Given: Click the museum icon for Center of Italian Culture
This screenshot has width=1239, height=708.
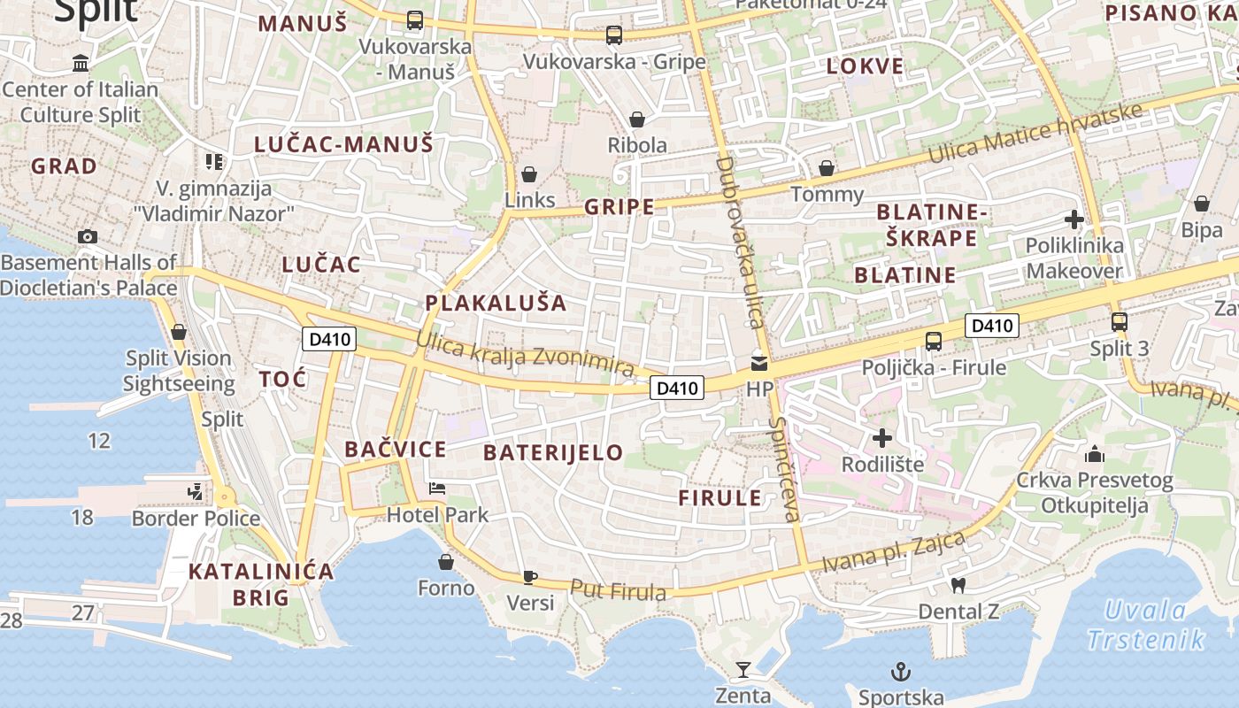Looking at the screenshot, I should pyautogui.click(x=81, y=63).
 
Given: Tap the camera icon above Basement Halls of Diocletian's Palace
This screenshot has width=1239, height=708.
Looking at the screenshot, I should pyautogui.click(x=87, y=236).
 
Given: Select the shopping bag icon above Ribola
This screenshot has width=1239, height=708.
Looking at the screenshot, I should pyautogui.click(x=636, y=119).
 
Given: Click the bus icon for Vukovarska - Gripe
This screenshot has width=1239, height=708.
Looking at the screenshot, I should pyautogui.click(x=613, y=35).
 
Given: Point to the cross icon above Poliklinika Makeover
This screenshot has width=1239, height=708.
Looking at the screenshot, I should pyautogui.click(x=1074, y=219).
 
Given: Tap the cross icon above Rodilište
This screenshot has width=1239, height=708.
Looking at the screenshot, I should pyautogui.click(x=881, y=438).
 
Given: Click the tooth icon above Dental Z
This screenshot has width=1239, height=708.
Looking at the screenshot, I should pyautogui.click(x=957, y=585).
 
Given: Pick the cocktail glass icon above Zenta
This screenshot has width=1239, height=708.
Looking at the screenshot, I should pyautogui.click(x=743, y=670).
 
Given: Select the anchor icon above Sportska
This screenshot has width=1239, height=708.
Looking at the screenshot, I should pyautogui.click(x=900, y=672).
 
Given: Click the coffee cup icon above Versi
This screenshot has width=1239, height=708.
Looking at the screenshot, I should pyautogui.click(x=529, y=577).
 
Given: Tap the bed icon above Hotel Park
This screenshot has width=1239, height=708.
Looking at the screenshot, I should pyautogui.click(x=437, y=488).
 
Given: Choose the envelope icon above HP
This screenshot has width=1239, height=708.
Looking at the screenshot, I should pyautogui.click(x=758, y=363).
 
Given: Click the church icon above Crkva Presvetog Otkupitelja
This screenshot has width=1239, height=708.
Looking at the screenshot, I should pyautogui.click(x=1094, y=454).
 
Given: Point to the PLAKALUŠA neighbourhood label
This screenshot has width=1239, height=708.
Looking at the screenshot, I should pyautogui.click(x=496, y=303).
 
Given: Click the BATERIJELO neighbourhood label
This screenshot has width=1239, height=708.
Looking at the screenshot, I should pyautogui.click(x=553, y=452).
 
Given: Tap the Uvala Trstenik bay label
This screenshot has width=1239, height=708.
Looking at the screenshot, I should pyautogui.click(x=1145, y=625).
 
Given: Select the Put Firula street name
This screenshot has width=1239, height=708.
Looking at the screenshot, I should pyautogui.click(x=618, y=590).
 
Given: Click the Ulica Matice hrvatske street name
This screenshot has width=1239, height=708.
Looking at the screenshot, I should pyautogui.click(x=1035, y=135).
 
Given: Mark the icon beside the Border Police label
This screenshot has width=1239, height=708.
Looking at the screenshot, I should pyautogui.click(x=195, y=491).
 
